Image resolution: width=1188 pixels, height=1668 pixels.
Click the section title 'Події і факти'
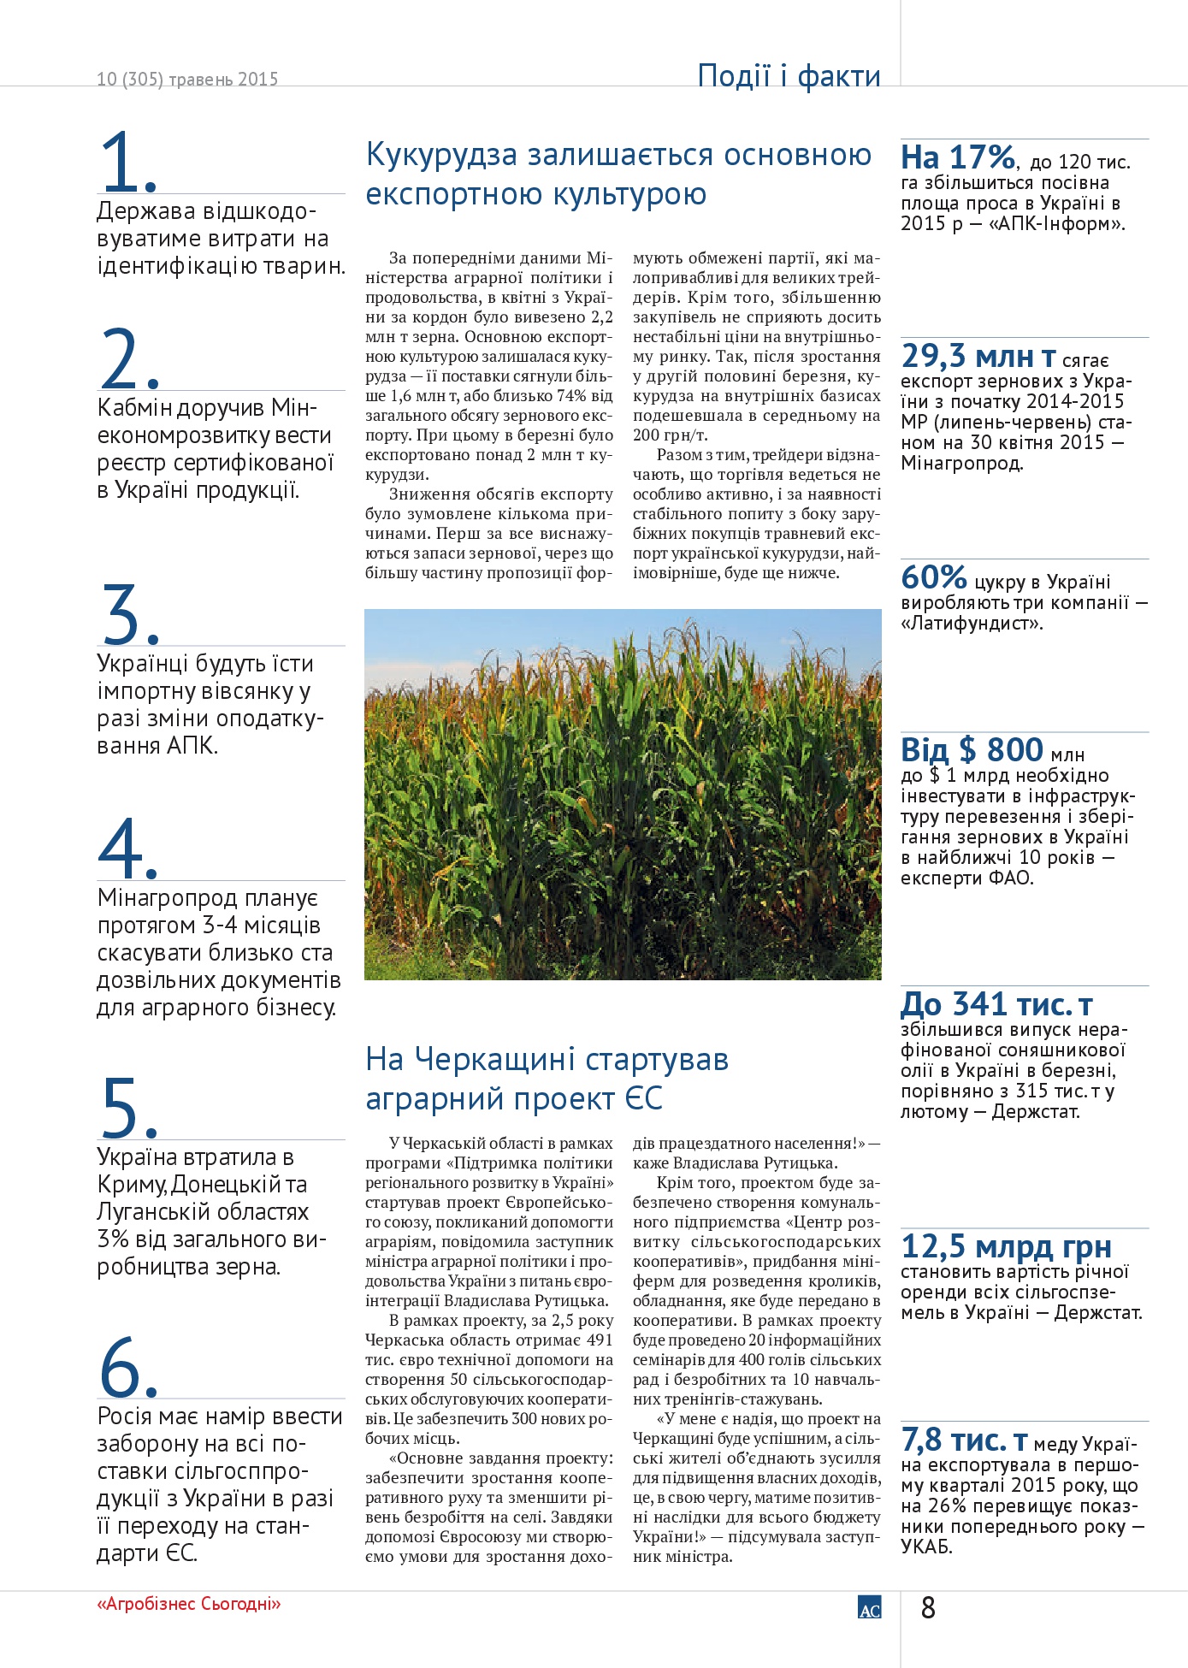[x=789, y=76]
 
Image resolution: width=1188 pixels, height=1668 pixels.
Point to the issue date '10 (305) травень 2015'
[x=187, y=80]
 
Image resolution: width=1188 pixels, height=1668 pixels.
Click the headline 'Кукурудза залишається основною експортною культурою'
[x=618, y=174]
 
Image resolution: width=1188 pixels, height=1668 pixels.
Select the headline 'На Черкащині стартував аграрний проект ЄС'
[x=547, y=1079]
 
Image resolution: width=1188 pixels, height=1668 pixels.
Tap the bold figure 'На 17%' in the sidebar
[x=958, y=157]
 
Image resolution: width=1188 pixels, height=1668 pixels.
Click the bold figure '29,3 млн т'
[x=978, y=356]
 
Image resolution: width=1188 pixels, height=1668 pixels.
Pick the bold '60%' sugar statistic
[x=934, y=577]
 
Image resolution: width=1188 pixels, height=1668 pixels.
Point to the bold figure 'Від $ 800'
[x=972, y=750]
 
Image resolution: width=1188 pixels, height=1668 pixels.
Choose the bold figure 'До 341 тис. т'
[x=996, y=1003]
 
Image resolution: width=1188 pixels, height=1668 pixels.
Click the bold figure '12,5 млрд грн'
[x=1006, y=1246]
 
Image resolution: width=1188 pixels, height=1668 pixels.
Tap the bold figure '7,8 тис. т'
[x=964, y=1440]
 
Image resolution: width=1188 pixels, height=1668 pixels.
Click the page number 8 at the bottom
[x=928, y=1608]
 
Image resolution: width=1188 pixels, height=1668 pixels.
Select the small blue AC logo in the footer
[x=869, y=1607]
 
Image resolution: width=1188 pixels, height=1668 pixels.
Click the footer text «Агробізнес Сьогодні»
[x=189, y=1604]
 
